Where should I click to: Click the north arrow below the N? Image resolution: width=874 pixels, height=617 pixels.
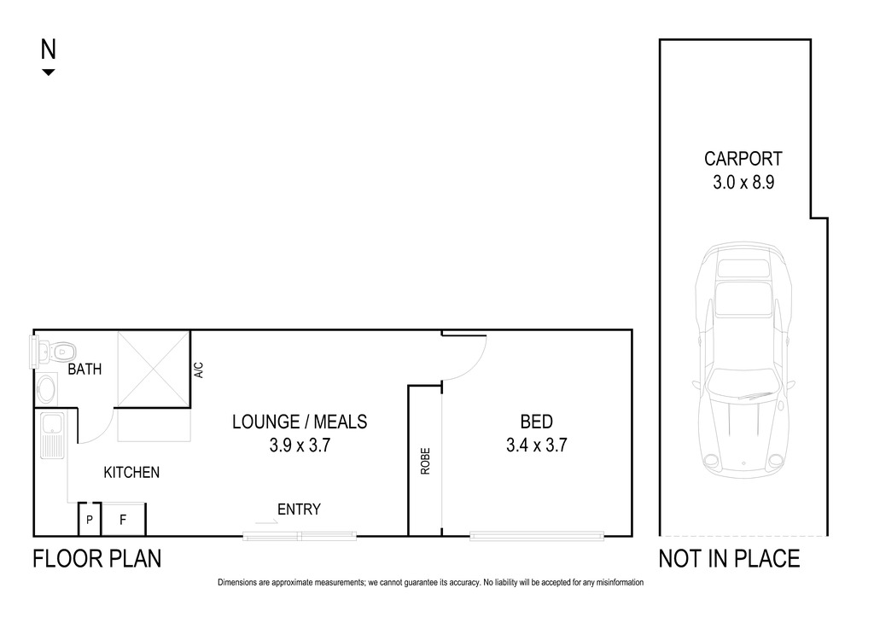[x=49, y=72]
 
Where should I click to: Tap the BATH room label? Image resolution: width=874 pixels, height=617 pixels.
[x=84, y=369]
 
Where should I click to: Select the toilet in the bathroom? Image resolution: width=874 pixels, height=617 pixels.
[x=58, y=351]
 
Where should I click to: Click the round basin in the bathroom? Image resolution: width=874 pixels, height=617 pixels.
[x=46, y=388]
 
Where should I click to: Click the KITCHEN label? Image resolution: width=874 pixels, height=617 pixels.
[x=131, y=473]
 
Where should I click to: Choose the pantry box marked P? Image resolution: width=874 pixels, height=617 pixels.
[x=89, y=520]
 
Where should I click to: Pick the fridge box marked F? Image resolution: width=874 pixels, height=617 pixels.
[x=123, y=520]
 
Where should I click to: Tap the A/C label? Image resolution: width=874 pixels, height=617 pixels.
[x=199, y=370]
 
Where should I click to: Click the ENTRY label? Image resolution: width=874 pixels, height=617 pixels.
[x=299, y=509]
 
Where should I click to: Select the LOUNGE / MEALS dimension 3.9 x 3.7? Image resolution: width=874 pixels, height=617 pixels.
[x=300, y=445]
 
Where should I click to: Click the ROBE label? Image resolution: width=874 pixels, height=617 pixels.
[x=425, y=462]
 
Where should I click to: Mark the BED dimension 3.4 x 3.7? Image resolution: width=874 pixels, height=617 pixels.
[x=536, y=445]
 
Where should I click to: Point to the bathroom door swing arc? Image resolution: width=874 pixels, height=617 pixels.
[x=104, y=434]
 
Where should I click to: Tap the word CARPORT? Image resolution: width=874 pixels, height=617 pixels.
[x=743, y=159]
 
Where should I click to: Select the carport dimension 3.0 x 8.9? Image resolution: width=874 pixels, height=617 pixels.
[x=743, y=183]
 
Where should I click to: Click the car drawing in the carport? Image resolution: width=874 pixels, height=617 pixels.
[x=743, y=361]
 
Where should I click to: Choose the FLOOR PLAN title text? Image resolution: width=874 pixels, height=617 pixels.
[x=97, y=559]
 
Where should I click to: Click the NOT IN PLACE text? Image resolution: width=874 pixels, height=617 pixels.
[x=729, y=559]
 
